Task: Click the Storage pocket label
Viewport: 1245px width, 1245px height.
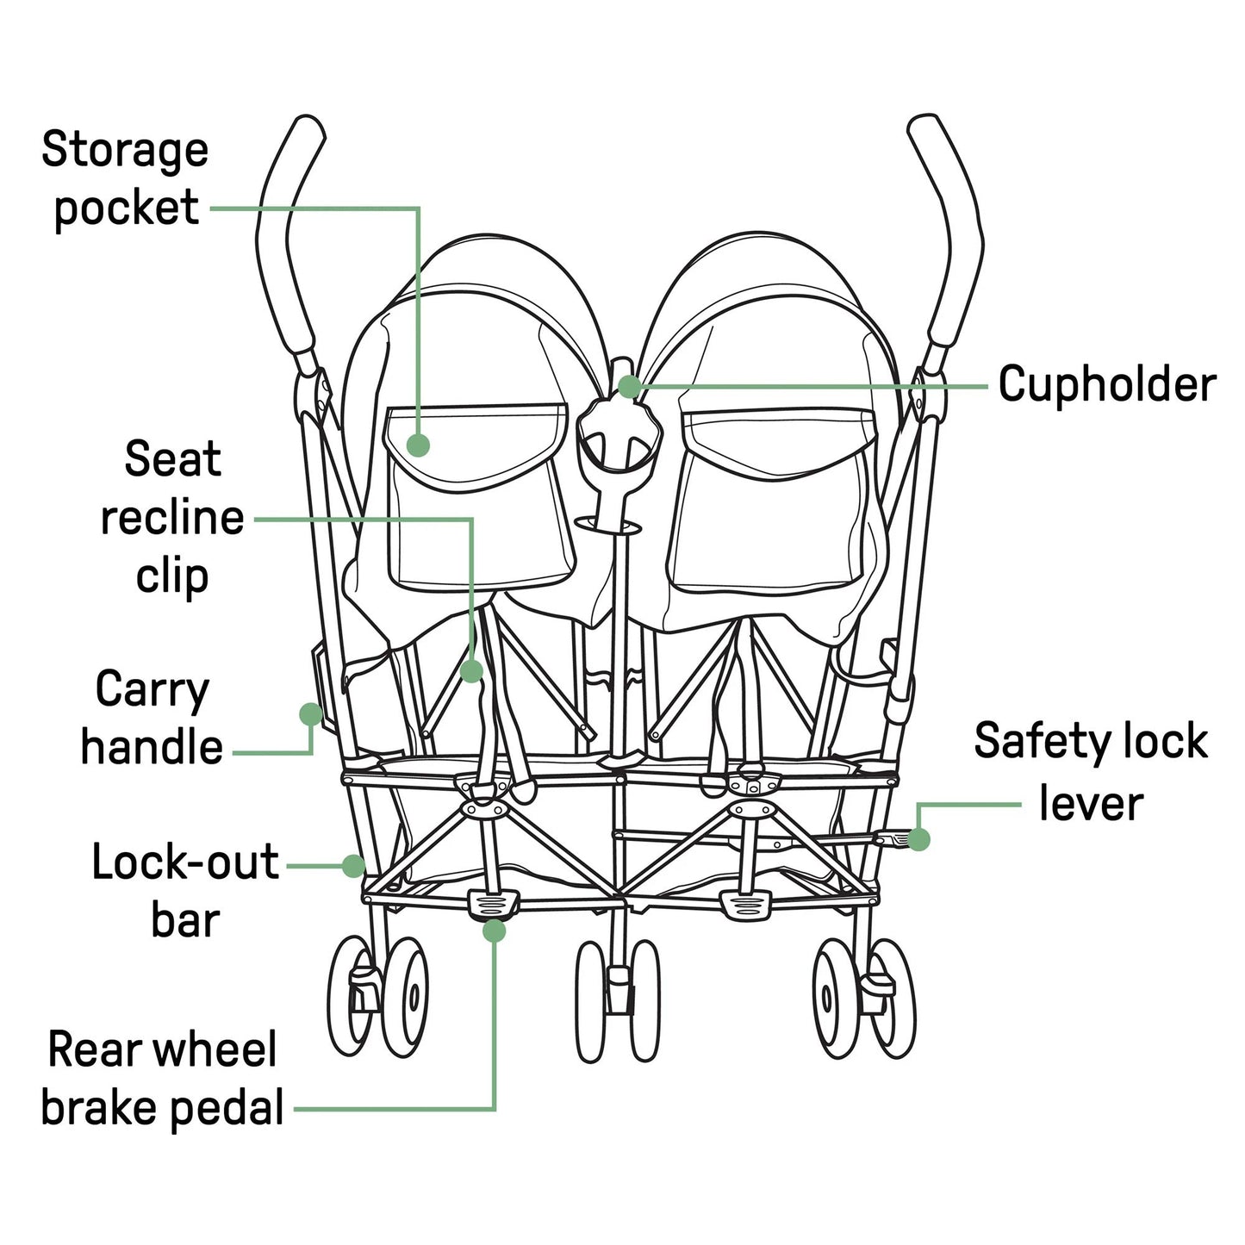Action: tap(124, 178)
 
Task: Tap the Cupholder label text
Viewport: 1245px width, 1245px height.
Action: tap(1106, 384)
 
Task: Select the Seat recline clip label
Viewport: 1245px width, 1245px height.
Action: tap(172, 517)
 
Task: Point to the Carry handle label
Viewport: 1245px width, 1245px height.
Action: tap(152, 718)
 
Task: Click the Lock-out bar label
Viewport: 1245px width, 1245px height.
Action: tap(185, 890)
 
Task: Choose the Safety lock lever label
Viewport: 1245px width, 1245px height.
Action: tap(1091, 772)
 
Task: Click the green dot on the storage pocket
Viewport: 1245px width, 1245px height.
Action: tap(418, 445)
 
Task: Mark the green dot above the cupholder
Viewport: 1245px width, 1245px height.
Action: tap(629, 386)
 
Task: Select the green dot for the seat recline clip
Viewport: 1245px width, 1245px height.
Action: tap(471, 671)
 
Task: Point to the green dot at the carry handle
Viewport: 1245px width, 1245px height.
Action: tap(310, 713)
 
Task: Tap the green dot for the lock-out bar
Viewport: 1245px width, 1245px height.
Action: tap(353, 865)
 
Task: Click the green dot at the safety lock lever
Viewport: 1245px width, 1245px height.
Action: tap(918, 839)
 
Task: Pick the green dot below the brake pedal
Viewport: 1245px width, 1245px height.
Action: tap(494, 931)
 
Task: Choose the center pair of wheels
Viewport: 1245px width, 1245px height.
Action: tap(618, 999)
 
